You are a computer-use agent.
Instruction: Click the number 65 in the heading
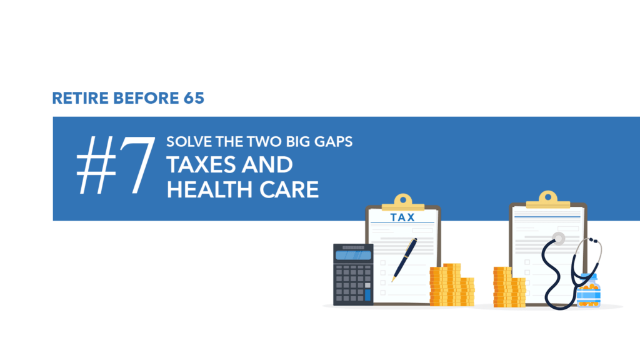194,98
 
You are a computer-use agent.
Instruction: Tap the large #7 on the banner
116,165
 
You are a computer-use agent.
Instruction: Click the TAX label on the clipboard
402,217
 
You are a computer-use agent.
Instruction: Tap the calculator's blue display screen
353,256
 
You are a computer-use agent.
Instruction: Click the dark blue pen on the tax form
404,259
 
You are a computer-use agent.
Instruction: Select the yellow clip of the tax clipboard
403,202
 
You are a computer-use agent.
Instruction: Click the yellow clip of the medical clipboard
547,199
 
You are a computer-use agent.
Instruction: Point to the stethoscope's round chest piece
558,238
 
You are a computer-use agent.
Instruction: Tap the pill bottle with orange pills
589,291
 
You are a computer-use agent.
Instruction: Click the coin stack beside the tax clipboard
452,285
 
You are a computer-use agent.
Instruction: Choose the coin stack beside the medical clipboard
509,287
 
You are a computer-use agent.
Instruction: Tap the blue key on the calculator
367,295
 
